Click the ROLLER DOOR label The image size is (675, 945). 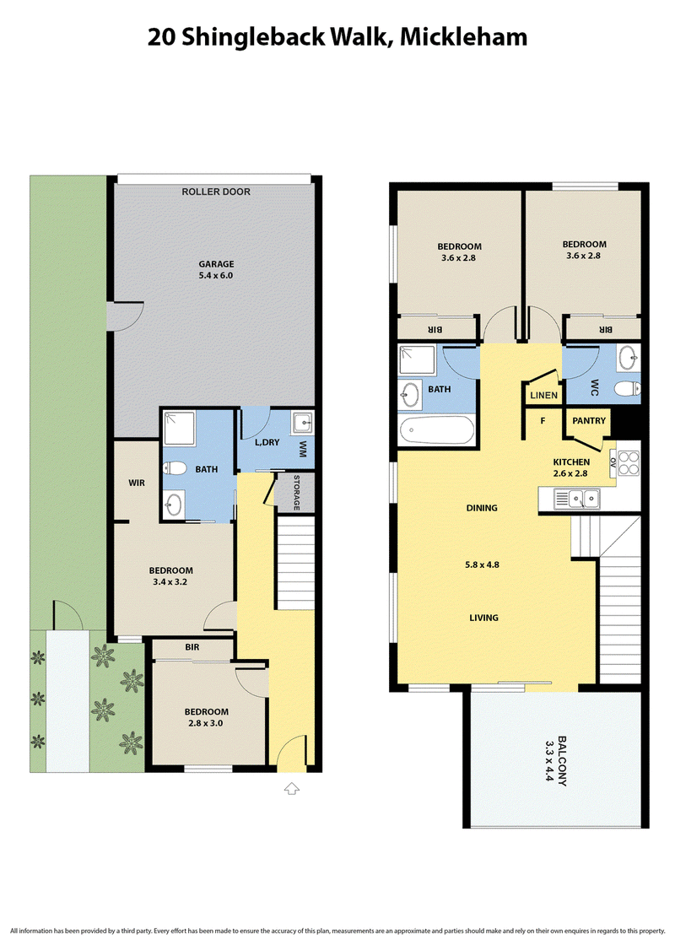click(x=216, y=192)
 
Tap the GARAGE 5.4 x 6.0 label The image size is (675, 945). click(x=216, y=269)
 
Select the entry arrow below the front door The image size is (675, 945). click(x=292, y=788)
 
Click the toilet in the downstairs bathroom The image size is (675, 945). click(x=173, y=467)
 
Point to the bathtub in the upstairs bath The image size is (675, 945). click(x=436, y=430)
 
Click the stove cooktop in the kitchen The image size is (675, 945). click(x=629, y=463)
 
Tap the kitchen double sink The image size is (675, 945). click(x=577, y=499)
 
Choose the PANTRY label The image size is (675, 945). click(x=589, y=421)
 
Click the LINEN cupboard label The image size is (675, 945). click(x=543, y=396)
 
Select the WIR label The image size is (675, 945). click(x=137, y=483)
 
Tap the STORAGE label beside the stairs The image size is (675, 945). click(x=296, y=493)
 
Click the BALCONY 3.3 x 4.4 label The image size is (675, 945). click(x=555, y=760)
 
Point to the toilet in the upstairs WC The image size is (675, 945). click(x=628, y=389)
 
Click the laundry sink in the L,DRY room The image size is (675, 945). click(x=302, y=423)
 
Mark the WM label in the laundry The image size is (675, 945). click(x=303, y=449)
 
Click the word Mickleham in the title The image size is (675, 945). click(x=463, y=37)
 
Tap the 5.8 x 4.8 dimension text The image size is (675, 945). click(x=482, y=564)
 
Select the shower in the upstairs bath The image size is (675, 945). click(x=417, y=359)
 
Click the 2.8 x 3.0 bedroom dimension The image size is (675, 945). click(x=206, y=723)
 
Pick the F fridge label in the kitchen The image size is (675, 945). click(x=543, y=421)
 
